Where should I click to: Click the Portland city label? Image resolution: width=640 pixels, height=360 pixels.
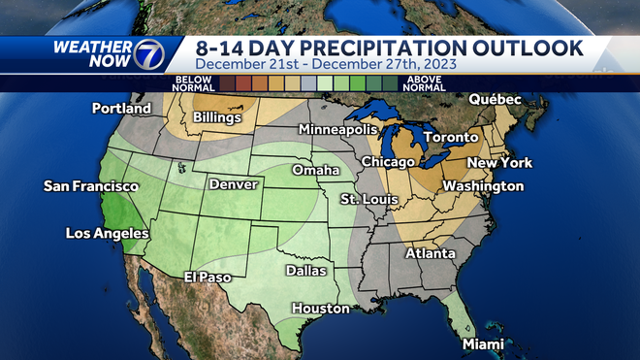[121, 109]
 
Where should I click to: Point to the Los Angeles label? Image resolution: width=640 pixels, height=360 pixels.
[107, 233]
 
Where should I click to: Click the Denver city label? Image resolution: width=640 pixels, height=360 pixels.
[233, 184]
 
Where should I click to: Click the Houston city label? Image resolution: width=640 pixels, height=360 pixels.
[320, 309]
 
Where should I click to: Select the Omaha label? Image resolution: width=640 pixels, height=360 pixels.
[315, 171]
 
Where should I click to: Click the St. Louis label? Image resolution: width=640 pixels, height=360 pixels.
[366, 199]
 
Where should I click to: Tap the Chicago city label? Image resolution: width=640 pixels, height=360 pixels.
[388, 161]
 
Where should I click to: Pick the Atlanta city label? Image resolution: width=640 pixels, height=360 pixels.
[430, 254]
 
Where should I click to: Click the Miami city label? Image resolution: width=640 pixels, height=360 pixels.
[483, 344]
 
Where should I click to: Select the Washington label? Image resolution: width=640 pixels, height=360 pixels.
[483, 186]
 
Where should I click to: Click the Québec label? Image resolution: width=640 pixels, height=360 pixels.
[495, 100]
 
